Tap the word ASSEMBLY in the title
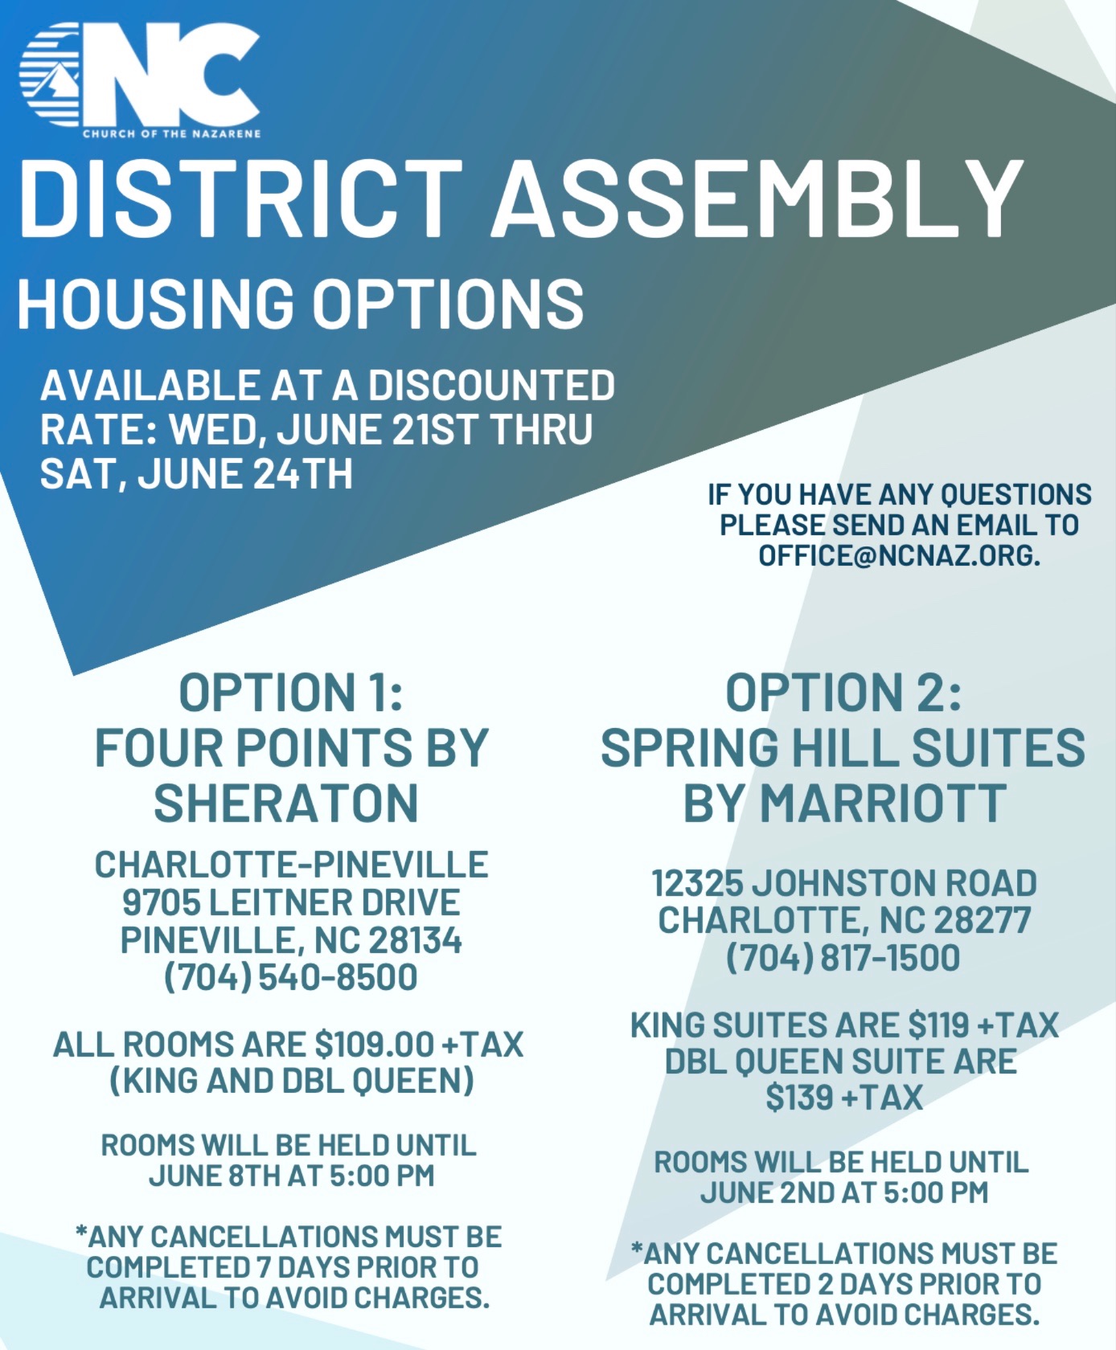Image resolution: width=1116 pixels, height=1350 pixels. [x=757, y=198]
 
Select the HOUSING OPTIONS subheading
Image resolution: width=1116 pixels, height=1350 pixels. [x=300, y=305]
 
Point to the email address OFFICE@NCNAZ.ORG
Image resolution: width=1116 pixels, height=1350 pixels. [x=899, y=555]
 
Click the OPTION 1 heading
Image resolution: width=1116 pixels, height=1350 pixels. [x=290, y=693]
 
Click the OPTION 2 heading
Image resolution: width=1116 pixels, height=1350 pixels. [x=843, y=693]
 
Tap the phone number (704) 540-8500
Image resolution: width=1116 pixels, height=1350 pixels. [x=291, y=977]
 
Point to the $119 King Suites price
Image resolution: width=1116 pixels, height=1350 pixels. [x=938, y=1025]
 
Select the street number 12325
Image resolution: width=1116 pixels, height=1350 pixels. [x=697, y=883]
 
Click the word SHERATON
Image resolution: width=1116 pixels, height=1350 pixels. [x=286, y=803]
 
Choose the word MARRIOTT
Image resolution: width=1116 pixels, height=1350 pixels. [x=883, y=803]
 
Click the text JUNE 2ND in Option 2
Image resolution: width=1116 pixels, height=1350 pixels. [x=769, y=1192]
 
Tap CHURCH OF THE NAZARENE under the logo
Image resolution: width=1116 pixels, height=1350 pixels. [x=172, y=133]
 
